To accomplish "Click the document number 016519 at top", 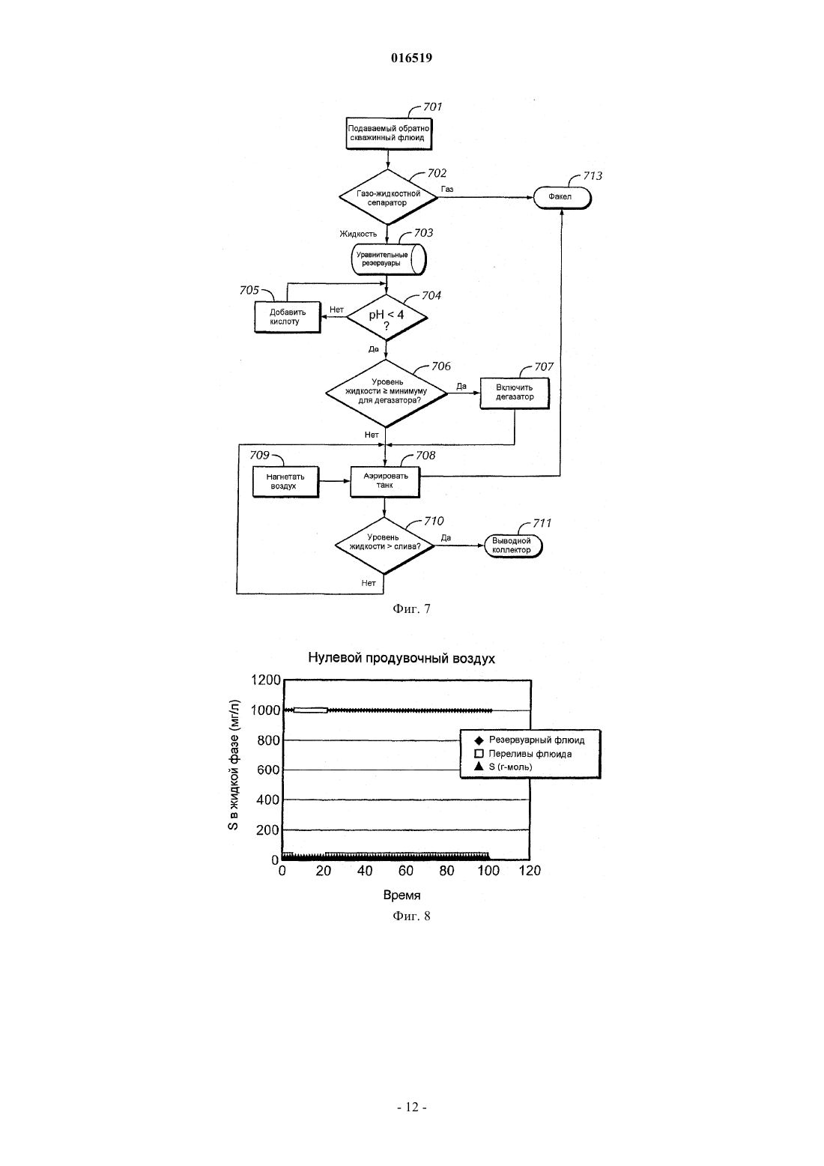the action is [411, 58].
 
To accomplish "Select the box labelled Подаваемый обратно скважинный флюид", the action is [389, 134].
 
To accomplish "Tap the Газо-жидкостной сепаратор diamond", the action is [388, 197].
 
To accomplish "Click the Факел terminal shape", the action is [563, 197].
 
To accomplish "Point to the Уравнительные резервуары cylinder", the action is [389, 259].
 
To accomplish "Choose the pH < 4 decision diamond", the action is [387, 317].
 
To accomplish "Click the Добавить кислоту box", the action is [287, 317].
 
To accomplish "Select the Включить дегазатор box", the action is [515, 393].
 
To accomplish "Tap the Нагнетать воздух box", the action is [285, 482].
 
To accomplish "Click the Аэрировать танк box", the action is [385, 481].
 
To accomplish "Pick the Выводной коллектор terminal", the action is [513, 546].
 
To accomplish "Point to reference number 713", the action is [593, 176].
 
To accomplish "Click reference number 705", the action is [249, 291].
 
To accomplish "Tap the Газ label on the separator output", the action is [447, 189].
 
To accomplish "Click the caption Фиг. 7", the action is [411, 608].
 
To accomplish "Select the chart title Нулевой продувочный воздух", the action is [401, 658].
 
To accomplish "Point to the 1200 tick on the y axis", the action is [265, 680].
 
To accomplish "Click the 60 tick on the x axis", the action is [406, 870].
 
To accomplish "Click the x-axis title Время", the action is [402, 895].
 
